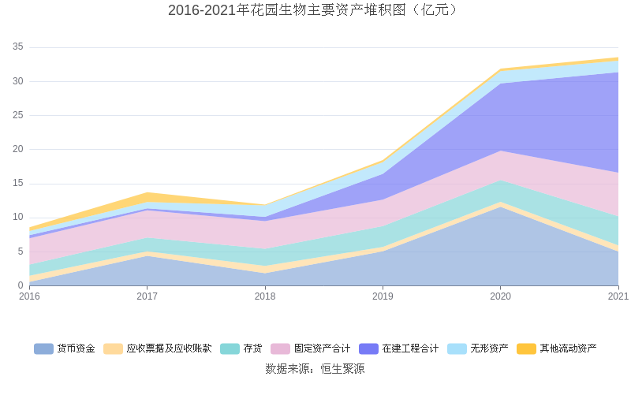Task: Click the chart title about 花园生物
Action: point(315,10)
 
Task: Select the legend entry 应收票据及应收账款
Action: point(169,348)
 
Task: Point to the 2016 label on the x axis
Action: point(29,296)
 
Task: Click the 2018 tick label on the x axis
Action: point(265,296)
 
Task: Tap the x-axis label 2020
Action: point(501,296)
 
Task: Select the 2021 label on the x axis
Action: point(618,296)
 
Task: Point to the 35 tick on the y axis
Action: point(17,47)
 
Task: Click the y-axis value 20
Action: point(17,150)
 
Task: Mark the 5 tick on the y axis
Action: point(20,252)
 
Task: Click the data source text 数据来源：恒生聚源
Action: point(315,369)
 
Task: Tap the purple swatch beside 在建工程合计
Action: point(368,348)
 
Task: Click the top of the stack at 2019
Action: point(383,161)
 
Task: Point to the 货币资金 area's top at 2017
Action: point(147,255)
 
